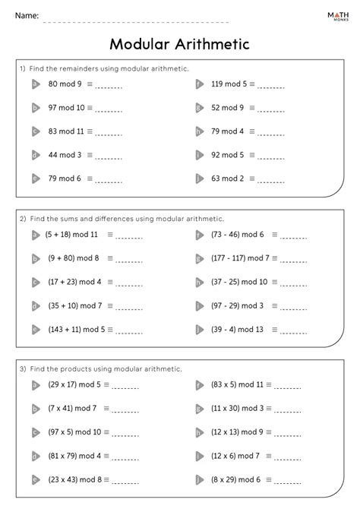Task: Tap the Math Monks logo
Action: tap(334, 16)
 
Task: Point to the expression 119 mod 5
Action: tap(229, 84)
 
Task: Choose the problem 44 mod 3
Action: tap(65, 155)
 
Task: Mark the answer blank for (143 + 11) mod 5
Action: tap(130, 330)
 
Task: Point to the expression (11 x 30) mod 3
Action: tap(238, 409)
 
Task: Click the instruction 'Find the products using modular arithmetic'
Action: tap(106, 368)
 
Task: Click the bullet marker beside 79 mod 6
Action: tap(35, 179)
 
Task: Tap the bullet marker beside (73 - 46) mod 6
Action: tap(199, 235)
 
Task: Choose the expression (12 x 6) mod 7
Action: tap(236, 456)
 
